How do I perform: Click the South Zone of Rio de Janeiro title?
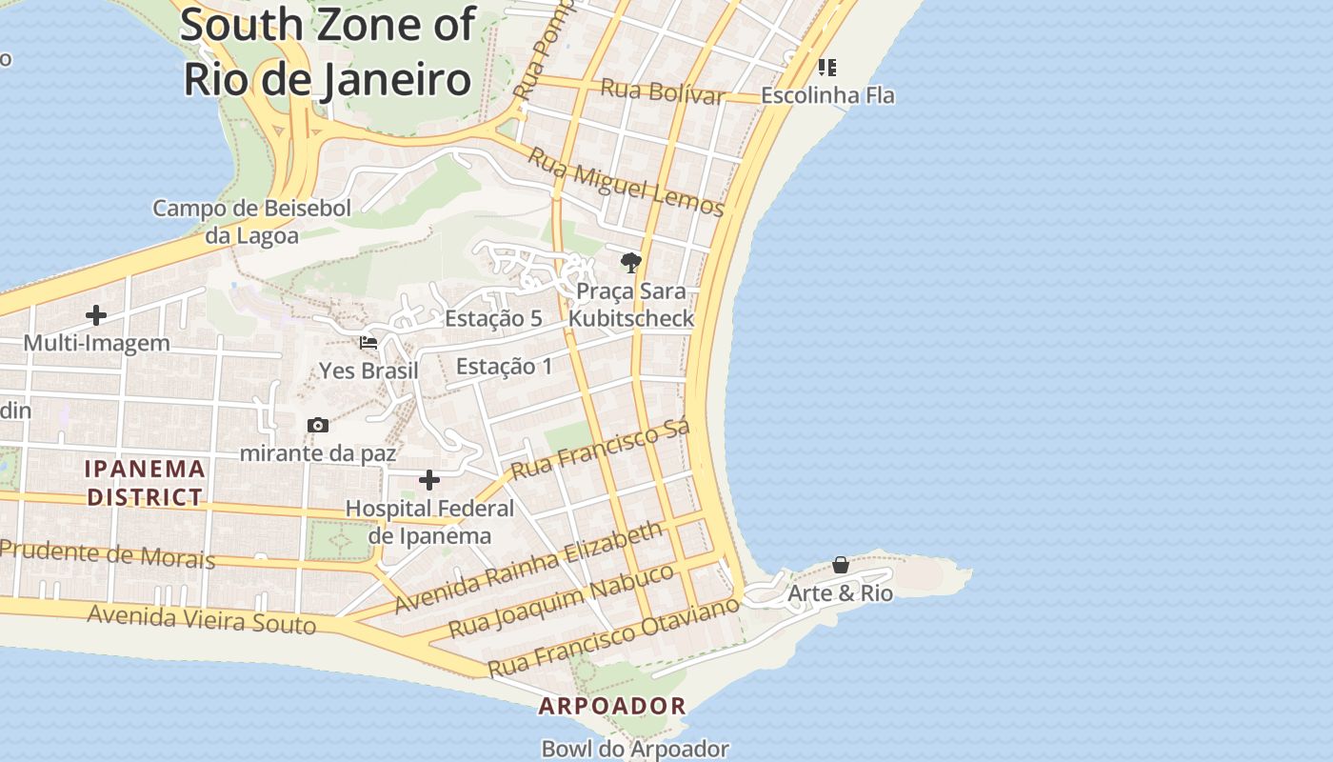[x=328, y=51]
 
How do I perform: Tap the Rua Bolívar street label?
[x=663, y=92]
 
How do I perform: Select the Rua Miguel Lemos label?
[x=626, y=181]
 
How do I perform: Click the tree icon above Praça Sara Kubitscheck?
[x=630, y=262]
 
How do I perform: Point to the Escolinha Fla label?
[x=827, y=95]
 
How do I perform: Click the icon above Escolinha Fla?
[x=827, y=67]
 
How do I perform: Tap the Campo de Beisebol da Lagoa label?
[x=252, y=221]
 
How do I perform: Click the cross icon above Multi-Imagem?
[x=96, y=315]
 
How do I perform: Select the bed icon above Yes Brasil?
[x=368, y=343]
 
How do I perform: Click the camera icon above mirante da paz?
[x=318, y=425]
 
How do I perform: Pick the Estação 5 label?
[x=493, y=318]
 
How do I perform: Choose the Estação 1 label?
[x=504, y=366]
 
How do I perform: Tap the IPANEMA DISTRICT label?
[x=145, y=482]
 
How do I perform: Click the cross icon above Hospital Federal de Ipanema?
[x=429, y=479]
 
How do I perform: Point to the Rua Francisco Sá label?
[x=600, y=451]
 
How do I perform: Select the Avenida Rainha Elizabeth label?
[x=528, y=567]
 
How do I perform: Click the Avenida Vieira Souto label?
[x=201, y=619]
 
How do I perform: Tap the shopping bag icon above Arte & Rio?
[x=841, y=565]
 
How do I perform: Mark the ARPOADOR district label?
[x=612, y=706]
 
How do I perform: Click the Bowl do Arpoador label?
[x=635, y=750]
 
